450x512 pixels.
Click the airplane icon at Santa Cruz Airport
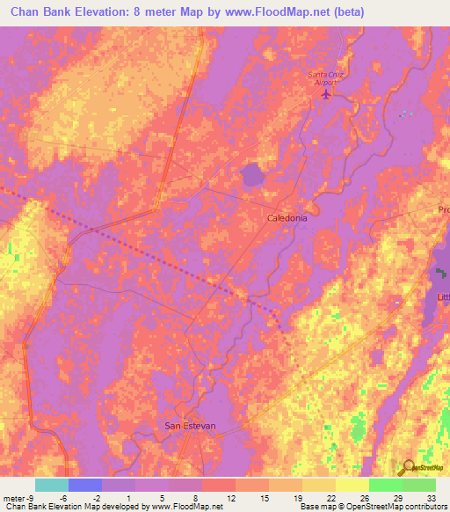coord(328,94)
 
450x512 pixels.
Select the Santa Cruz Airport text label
coord(326,77)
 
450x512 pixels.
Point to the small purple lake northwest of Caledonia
coord(253,174)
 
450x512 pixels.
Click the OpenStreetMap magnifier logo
coord(408,469)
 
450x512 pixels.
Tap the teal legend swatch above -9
coord(52,485)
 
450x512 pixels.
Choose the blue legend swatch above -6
coord(85,485)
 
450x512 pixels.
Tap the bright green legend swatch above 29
coord(386,485)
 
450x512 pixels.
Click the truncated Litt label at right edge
coord(443,298)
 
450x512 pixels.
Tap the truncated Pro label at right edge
coord(444,209)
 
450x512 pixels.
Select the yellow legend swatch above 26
coord(352,485)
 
